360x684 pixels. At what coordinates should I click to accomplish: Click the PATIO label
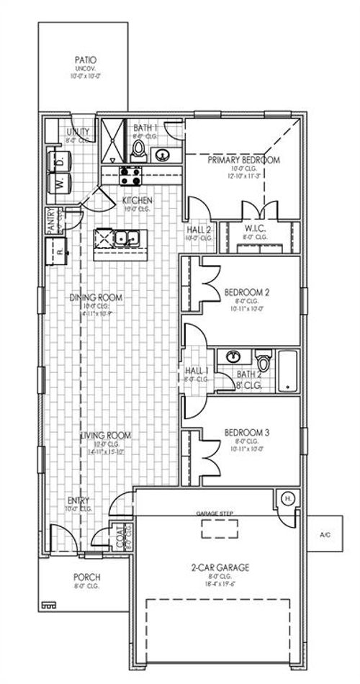[86, 60]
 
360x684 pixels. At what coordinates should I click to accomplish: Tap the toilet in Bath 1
[140, 150]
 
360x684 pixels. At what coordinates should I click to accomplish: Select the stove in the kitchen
[130, 174]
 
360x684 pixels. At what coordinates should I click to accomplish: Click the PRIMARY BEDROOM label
[243, 160]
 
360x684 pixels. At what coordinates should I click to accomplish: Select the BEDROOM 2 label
[246, 292]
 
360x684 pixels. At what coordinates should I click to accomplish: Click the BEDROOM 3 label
[246, 433]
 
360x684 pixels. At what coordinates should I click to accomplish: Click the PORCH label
[86, 577]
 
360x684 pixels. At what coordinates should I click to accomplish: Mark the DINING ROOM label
[95, 297]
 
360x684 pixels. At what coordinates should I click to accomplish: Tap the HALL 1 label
[192, 372]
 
